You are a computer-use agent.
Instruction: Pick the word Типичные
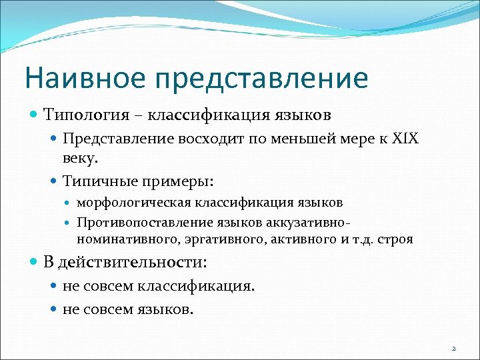[x=99, y=181]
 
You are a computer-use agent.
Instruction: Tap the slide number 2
[x=453, y=348]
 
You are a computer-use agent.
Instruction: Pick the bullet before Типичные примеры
[x=55, y=181]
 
